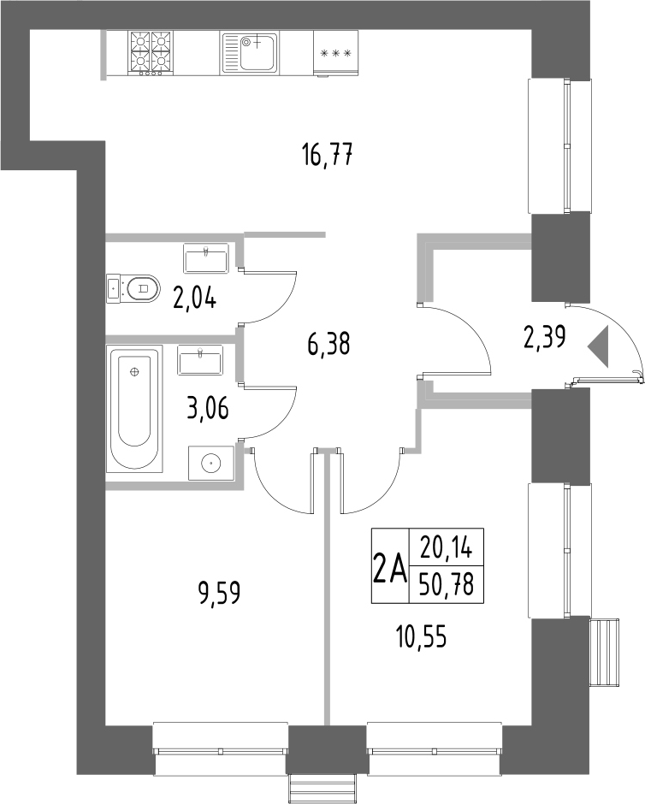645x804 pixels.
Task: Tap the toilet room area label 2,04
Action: pyautogui.click(x=195, y=299)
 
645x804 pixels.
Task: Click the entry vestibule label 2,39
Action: pyautogui.click(x=544, y=340)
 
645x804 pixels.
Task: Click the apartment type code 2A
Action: pyautogui.click(x=388, y=567)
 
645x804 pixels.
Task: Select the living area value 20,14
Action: pyautogui.click(x=447, y=547)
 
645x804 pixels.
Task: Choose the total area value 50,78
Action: pyautogui.click(x=447, y=586)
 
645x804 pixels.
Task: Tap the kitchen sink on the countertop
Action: pyautogui.click(x=249, y=51)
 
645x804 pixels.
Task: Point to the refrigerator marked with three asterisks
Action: pyautogui.click(x=335, y=53)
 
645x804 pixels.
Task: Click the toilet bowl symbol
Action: pyautogui.click(x=134, y=288)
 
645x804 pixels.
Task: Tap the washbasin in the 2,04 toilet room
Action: pyautogui.click(x=205, y=257)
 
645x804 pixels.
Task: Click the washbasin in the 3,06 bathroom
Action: pyautogui.click(x=200, y=359)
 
